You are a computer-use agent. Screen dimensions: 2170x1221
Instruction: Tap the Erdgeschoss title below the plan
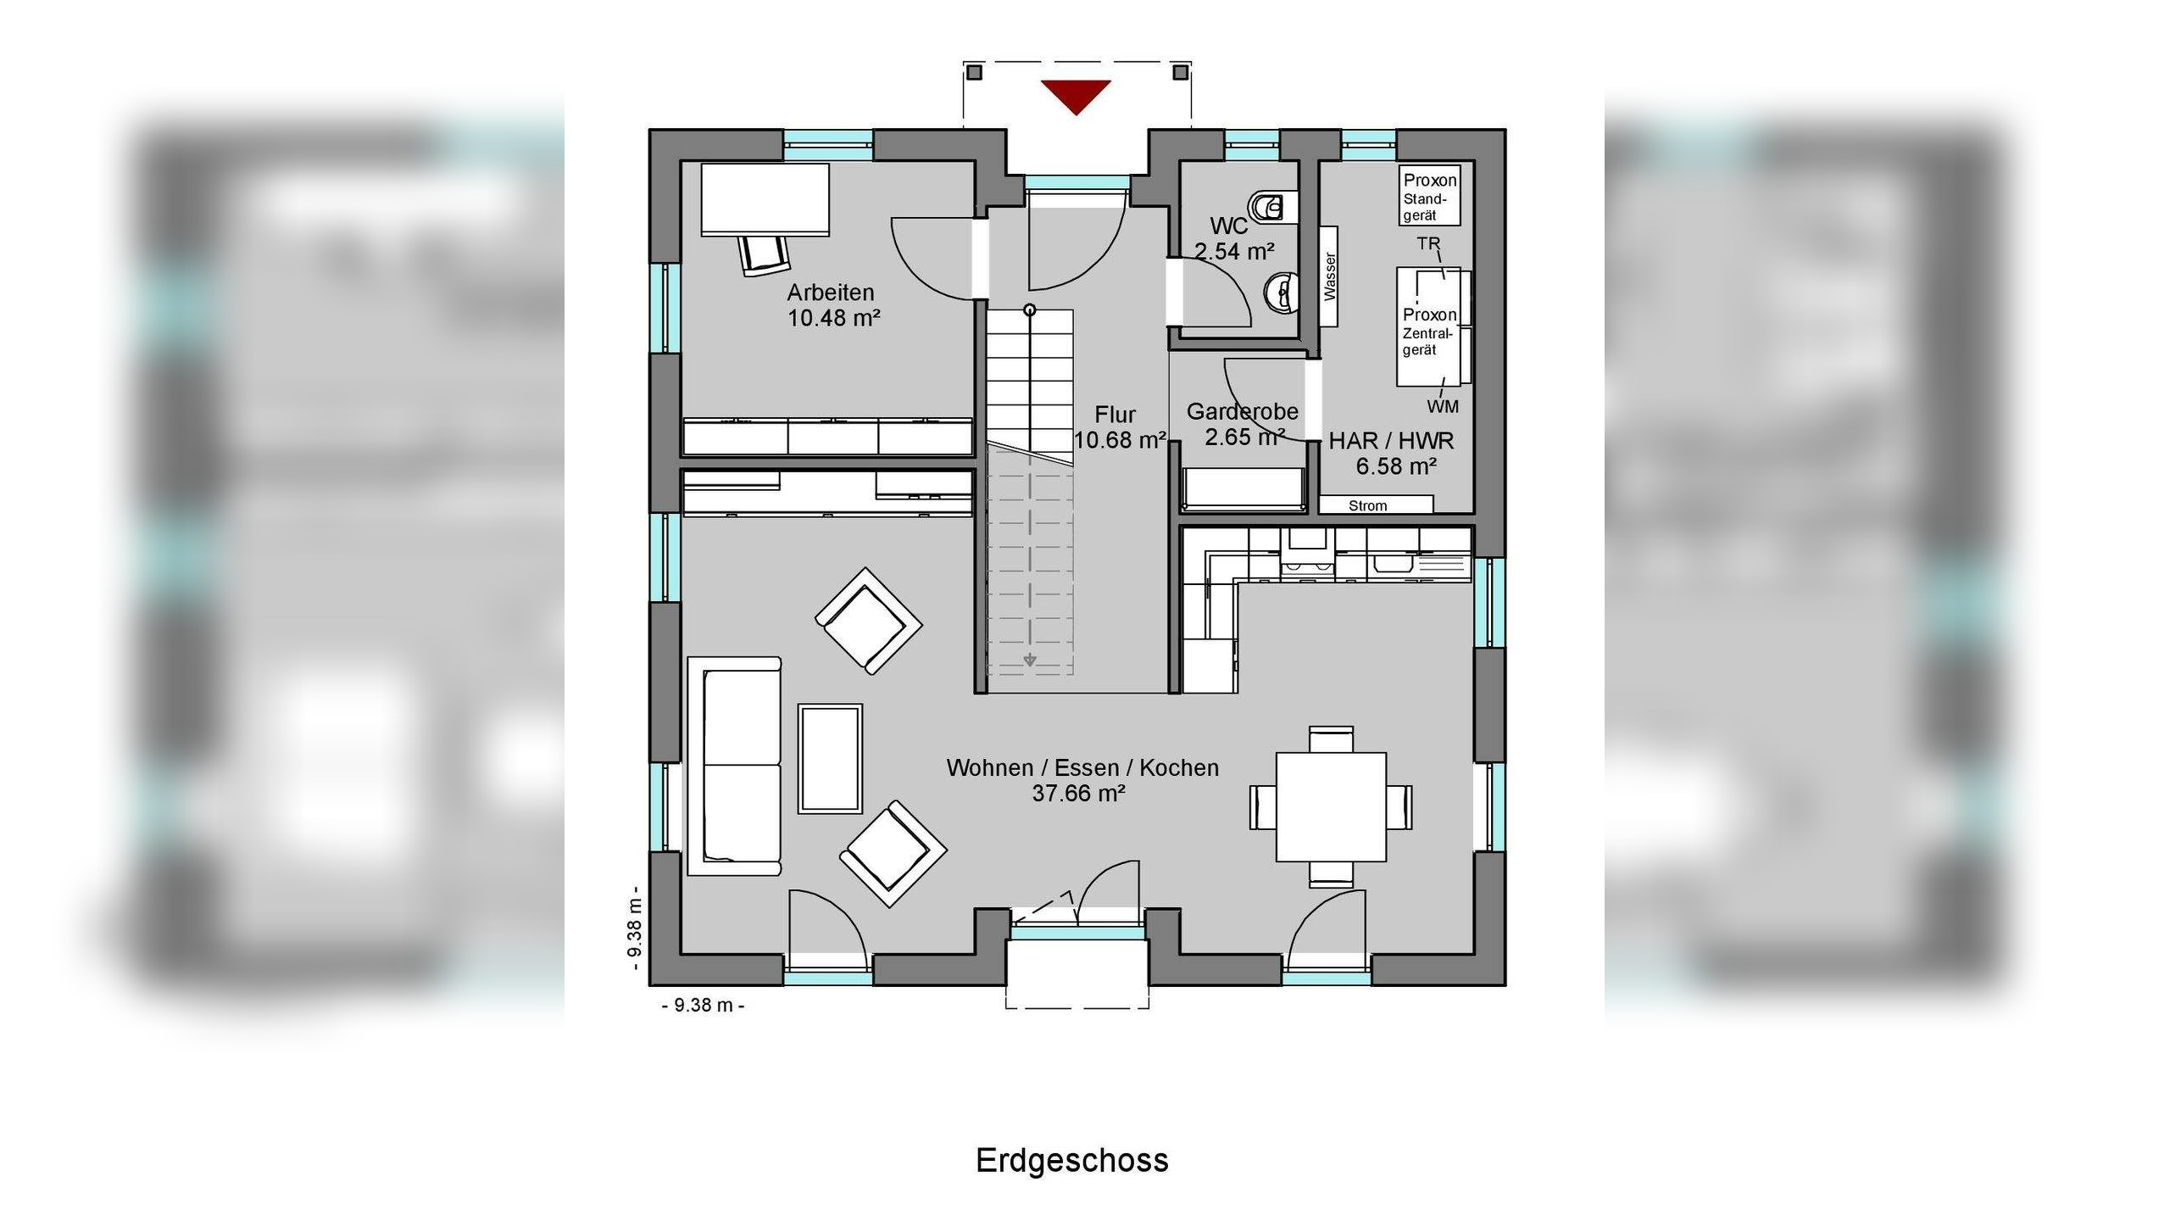1072,1160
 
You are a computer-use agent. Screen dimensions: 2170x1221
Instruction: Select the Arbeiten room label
831,293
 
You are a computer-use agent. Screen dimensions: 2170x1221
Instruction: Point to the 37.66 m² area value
1078,793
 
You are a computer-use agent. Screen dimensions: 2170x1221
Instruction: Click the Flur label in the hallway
1115,415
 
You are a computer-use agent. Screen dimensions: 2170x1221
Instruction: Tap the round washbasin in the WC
1280,293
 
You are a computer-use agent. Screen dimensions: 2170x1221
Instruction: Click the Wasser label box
1329,276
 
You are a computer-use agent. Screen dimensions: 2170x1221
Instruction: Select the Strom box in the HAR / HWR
1376,505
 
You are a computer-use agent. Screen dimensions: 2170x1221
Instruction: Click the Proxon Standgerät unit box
1430,196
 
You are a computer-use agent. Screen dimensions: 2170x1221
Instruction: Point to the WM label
1443,407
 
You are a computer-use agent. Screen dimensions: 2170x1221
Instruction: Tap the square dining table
1331,806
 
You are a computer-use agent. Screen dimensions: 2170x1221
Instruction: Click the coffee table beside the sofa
831,758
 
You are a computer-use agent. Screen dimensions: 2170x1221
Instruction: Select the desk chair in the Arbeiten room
764,254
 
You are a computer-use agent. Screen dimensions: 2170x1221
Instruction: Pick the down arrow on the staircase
1030,660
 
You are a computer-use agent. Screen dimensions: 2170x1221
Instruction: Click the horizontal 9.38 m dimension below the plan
703,1006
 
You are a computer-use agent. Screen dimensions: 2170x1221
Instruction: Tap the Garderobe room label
1242,412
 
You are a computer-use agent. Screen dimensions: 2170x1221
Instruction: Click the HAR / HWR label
1391,441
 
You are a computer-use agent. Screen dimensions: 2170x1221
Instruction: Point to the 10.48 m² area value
834,318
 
